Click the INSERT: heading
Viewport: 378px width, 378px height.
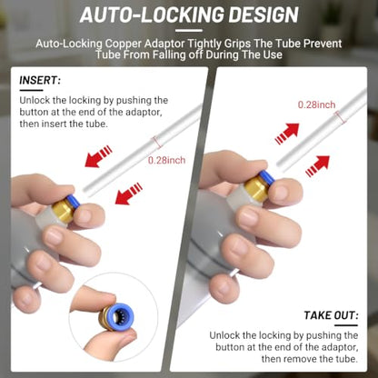click(40, 80)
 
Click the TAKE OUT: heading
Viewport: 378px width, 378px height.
click(331, 315)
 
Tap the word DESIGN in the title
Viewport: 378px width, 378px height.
click(264, 15)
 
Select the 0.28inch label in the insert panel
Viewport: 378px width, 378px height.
click(166, 160)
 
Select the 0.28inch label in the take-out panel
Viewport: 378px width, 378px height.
click(316, 104)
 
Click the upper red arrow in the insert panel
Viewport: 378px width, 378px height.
click(98, 156)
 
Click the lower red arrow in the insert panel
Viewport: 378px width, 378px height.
click(129, 194)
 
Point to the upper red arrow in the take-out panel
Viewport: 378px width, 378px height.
click(287, 134)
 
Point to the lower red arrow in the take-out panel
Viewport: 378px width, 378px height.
click(317, 166)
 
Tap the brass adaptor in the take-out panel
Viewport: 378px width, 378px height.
click(256, 188)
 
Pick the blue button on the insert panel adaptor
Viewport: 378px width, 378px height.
click(73, 201)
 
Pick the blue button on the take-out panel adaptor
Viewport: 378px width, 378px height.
click(266, 178)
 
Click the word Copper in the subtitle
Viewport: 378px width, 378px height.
click(124, 44)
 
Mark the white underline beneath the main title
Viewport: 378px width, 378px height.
click(189, 31)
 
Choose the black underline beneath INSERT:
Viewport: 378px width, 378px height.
click(31, 90)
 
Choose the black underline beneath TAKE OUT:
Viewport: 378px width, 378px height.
click(346, 325)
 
